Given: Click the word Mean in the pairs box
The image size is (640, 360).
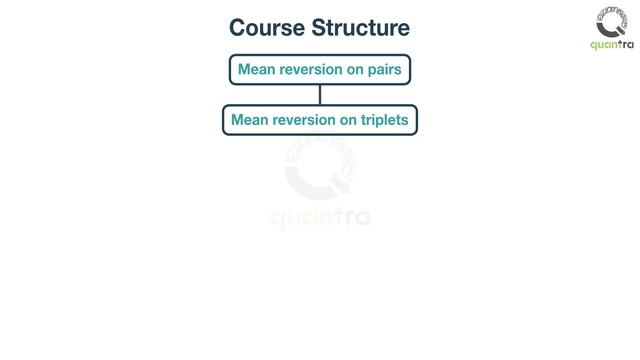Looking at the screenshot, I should coord(255,71).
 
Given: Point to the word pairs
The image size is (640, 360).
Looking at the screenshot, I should coord(384,71).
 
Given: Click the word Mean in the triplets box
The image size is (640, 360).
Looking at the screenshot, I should coord(249,121).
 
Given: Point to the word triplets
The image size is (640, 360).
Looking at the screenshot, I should coord(386,121).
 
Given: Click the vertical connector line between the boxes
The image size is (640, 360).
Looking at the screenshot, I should coord(320,95).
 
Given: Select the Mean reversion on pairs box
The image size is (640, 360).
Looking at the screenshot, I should coord(320,71).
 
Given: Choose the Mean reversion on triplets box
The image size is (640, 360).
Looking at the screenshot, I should coord(320,121).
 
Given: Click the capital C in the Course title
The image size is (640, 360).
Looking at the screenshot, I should coord(238,27).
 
